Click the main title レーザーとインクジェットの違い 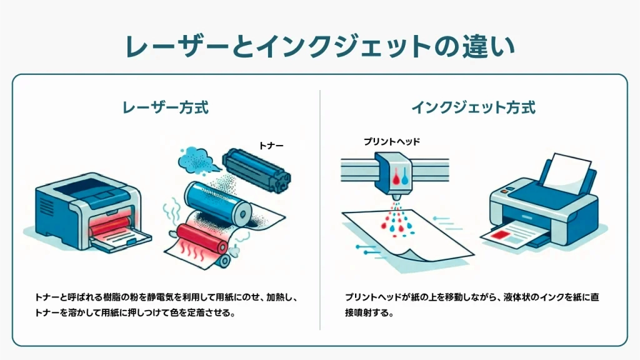[x=319, y=47]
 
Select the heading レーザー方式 [x=165, y=107]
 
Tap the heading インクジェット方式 [x=473, y=107]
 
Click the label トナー [x=271, y=145]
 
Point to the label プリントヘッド [x=392, y=142]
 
